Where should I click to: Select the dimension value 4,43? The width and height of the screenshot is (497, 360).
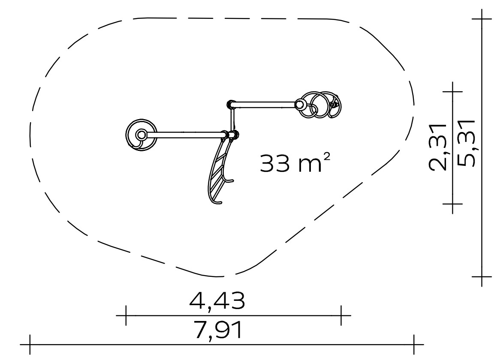[x=217, y=301]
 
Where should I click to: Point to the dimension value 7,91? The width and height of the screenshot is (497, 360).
[x=219, y=330]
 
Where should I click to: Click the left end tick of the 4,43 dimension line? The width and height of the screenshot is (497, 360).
[x=126, y=315]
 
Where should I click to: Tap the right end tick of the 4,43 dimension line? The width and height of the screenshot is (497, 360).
[x=341, y=315]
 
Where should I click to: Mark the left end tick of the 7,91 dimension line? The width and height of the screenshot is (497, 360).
[x=30, y=344]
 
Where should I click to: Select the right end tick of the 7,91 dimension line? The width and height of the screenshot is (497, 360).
[x=414, y=344]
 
